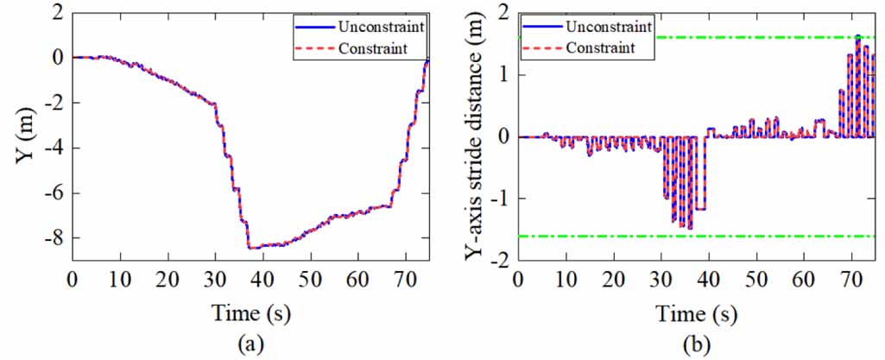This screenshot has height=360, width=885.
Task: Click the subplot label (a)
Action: click(x=250, y=345)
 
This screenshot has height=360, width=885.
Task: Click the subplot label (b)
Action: click(x=697, y=345)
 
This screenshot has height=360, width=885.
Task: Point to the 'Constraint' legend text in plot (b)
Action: click(x=602, y=47)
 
